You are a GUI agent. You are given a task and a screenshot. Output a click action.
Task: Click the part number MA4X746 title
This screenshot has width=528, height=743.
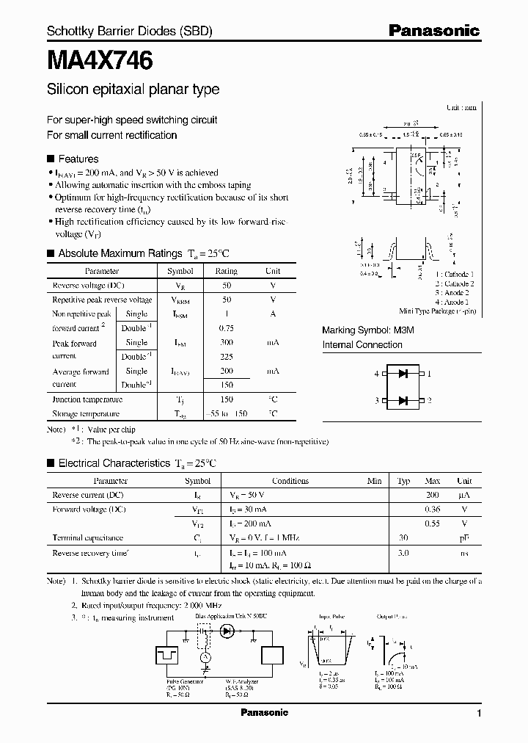[100, 62]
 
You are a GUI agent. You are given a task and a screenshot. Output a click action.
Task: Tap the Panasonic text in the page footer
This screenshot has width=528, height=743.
[265, 713]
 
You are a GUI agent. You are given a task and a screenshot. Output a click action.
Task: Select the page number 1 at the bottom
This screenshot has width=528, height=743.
[479, 714]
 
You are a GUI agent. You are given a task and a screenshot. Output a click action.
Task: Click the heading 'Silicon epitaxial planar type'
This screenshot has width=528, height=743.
[133, 90]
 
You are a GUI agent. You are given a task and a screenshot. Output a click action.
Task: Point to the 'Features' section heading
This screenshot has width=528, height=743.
[78, 159]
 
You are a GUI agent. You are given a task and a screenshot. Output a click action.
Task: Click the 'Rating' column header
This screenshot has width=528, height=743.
[226, 271]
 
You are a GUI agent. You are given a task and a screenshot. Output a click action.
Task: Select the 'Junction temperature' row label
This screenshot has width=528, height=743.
[87, 399]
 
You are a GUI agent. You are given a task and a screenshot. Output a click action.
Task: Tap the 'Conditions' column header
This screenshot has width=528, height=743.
[290, 481]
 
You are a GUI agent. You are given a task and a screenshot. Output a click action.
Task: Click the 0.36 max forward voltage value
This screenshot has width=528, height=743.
[433, 510]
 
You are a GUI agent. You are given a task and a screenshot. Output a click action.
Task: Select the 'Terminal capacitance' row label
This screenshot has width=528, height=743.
[87, 538]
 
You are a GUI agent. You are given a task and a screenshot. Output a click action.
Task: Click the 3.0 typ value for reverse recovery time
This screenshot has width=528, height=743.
[403, 552]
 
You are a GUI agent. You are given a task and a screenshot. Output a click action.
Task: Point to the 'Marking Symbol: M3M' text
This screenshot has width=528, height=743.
[368, 331]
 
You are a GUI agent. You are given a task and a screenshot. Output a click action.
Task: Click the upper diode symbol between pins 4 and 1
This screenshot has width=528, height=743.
[403, 374]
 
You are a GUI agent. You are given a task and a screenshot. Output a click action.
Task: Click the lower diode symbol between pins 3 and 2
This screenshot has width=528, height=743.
[403, 400]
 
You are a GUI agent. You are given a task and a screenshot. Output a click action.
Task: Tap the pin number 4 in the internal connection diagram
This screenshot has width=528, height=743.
[377, 374]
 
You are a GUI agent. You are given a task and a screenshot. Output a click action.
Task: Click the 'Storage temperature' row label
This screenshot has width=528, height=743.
[87, 414]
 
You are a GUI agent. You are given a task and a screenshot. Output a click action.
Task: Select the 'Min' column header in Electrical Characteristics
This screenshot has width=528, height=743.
[374, 481]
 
